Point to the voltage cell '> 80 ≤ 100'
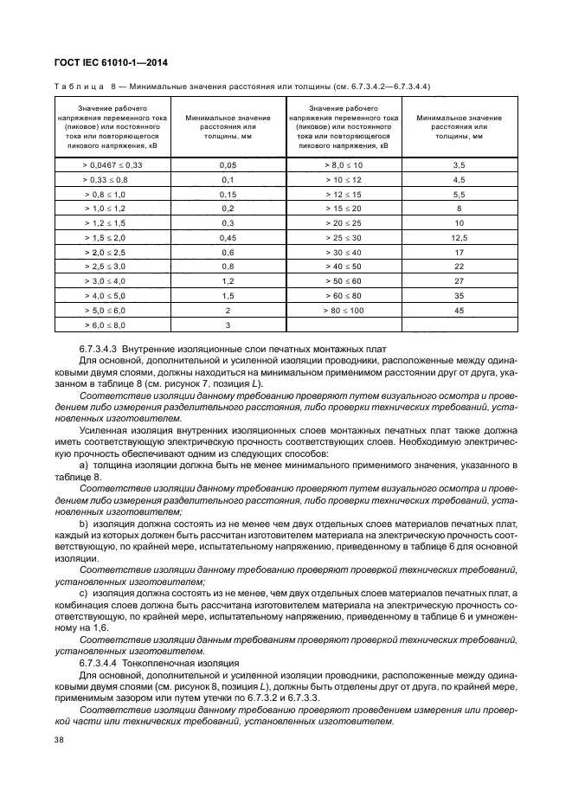pos(344,310)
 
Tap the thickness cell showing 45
pos(459,310)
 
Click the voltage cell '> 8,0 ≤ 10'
pos(344,164)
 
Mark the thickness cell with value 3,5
pos(459,164)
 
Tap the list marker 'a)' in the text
pos(84,465)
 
